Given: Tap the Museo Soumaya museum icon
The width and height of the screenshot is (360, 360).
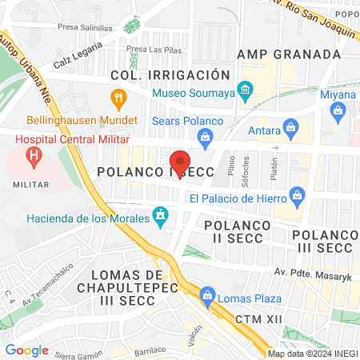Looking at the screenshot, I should coord(245,86).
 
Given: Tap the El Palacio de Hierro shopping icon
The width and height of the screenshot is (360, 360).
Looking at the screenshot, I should coord(298,194).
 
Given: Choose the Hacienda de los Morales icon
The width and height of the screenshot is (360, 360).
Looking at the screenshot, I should coord(161,214).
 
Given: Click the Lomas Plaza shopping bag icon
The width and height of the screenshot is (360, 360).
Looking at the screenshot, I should coord(207,295).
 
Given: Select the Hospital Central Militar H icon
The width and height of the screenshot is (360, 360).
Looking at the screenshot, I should coord(34,158).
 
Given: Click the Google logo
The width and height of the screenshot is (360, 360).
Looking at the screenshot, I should coord(26,350).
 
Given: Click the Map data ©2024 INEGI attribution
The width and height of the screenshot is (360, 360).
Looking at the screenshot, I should coord(311,354).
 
